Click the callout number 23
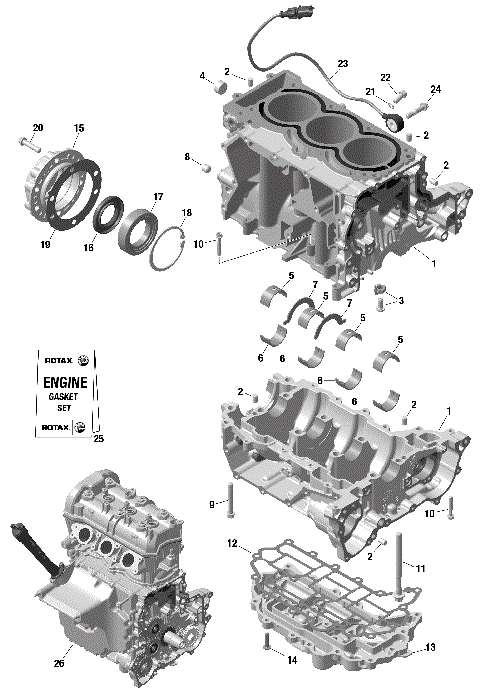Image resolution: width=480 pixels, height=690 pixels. tap(342, 64)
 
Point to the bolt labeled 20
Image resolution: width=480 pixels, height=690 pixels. tap(24, 145)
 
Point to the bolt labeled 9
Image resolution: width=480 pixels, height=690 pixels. tap(231, 500)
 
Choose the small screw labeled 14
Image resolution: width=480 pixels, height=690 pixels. tap(266, 642)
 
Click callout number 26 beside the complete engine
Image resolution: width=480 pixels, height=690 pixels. tap(58, 662)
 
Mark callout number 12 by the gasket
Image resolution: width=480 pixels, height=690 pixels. tap(232, 545)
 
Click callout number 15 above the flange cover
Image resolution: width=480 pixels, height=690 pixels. tap(79, 128)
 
